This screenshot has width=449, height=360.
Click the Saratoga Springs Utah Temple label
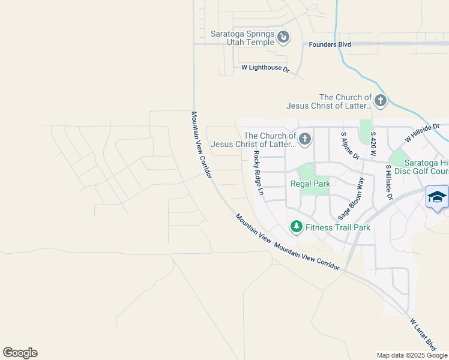pyautogui.click(x=242, y=38)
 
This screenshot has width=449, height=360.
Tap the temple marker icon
pyautogui.click(x=283, y=38)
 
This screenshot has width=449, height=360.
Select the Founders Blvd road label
pyautogui.click(x=330, y=44)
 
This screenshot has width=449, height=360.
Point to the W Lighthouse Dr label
pyautogui.click(x=265, y=68)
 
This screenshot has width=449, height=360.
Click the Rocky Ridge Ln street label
pyautogui.click(x=259, y=173)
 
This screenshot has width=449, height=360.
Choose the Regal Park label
pyautogui.click(x=310, y=184)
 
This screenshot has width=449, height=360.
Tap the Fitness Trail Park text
pyautogui.click(x=337, y=227)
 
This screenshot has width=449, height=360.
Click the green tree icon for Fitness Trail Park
pyautogui.click(x=296, y=227)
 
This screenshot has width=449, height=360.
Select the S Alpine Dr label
pyautogui.click(x=349, y=147)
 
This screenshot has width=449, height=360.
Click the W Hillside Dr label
pyautogui.click(x=422, y=133)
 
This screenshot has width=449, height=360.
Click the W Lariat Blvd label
pyautogui.click(x=423, y=335)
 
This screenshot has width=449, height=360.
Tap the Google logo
pyautogui.click(x=20, y=353)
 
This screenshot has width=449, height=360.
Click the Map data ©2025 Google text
pyautogui.click(x=412, y=355)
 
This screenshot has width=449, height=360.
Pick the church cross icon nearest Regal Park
pyautogui.click(x=304, y=140)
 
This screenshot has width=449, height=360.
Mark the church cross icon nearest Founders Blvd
pyautogui.click(x=380, y=100)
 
